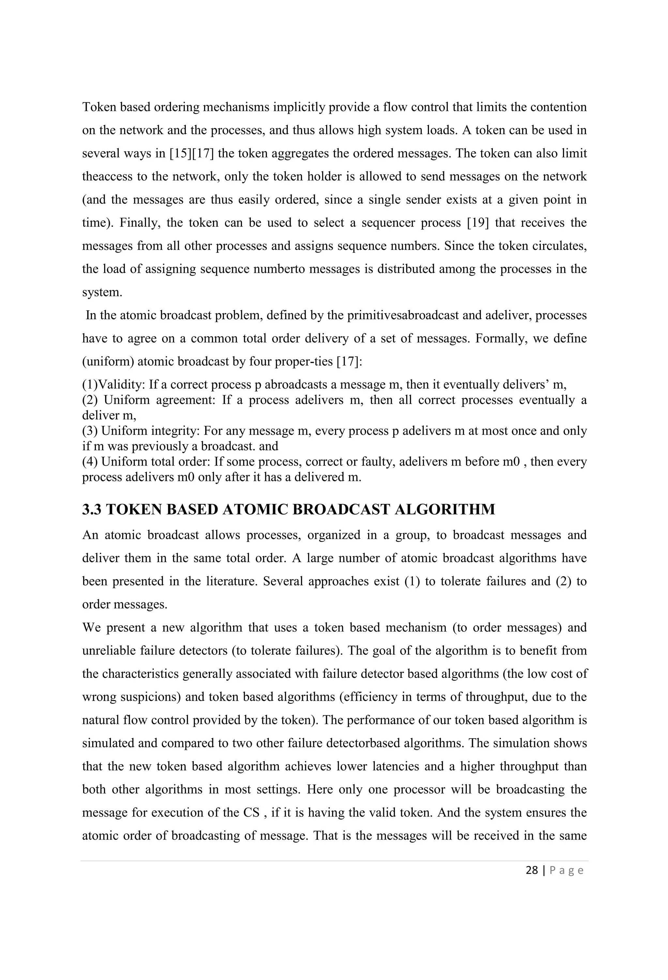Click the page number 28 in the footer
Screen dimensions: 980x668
(x=531, y=870)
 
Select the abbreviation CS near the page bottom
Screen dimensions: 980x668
(x=251, y=812)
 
